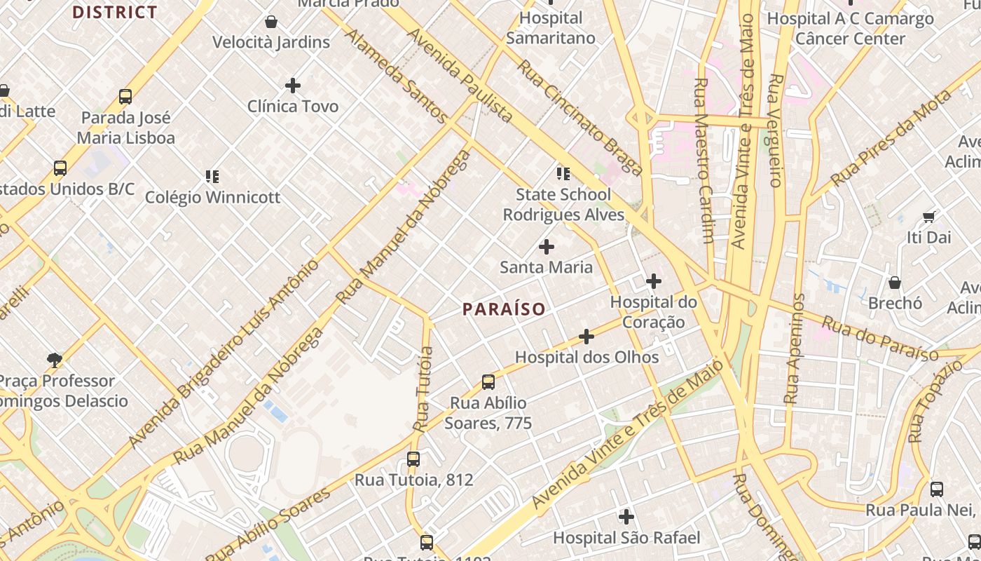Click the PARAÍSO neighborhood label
tap(503, 309)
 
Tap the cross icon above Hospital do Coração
tap(654, 282)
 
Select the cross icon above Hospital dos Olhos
tap(586, 337)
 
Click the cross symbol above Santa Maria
tap(547, 247)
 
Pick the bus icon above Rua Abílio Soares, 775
tap(488, 382)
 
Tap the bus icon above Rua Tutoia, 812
tap(413, 459)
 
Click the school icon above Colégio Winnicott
tap(212, 177)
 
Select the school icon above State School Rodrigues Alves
tap(563, 174)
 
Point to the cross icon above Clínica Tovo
tap(293, 86)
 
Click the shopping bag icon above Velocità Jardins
tap(271, 22)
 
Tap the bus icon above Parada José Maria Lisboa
tap(125, 97)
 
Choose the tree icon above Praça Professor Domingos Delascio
tap(55, 360)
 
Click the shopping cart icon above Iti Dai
tap(928, 217)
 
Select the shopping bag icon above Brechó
tap(895, 283)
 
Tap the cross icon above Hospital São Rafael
tap(626, 518)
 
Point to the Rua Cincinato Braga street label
tap(579, 118)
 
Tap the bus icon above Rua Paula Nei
tap(937, 489)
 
